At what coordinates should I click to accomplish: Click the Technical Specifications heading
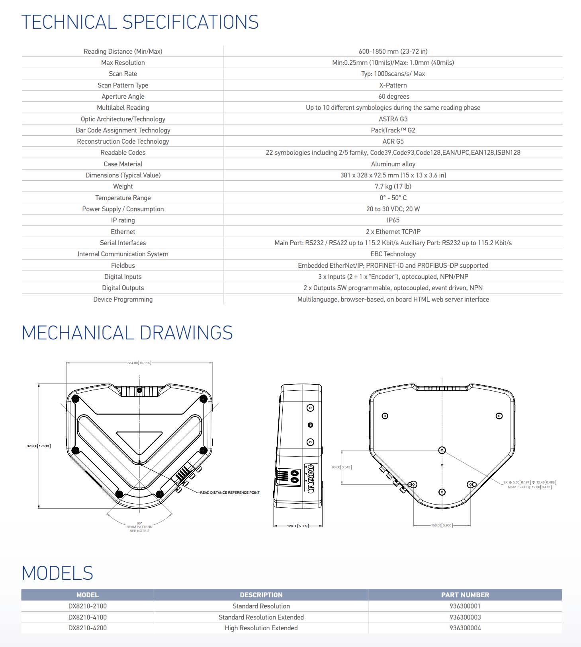[140, 22]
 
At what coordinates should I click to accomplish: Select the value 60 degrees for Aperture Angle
[393, 96]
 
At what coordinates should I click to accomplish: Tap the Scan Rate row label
[123, 74]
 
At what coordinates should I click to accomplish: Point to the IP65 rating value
[393, 220]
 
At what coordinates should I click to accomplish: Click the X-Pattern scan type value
[393, 85]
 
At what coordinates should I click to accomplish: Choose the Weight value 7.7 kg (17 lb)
[393, 186]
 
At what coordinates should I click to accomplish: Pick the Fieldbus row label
[123, 265]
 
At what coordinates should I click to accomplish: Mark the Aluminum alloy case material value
[393, 164]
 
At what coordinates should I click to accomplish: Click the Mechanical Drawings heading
[127, 333]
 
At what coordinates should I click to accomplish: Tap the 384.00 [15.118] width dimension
[139, 363]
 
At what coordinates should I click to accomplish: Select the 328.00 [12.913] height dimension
[39, 446]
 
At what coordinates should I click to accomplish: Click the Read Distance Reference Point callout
[229, 493]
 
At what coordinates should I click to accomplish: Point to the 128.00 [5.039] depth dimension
[297, 526]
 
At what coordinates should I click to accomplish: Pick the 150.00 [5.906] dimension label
[442, 525]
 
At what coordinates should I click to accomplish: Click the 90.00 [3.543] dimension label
[342, 467]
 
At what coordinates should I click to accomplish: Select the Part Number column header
[465, 595]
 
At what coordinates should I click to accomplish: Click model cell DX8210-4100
[87, 617]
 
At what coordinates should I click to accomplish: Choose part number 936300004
[465, 628]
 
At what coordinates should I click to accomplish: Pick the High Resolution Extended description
[261, 628]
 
